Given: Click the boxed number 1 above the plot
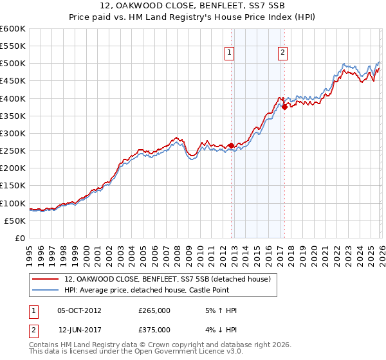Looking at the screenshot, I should (230, 53).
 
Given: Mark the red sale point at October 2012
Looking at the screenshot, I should (231, 146).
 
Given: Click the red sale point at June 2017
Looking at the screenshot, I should (284, 107).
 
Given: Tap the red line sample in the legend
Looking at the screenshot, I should (46, 280).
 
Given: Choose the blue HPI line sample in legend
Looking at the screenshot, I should (46, 290).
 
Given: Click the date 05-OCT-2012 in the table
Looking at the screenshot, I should (80, 310).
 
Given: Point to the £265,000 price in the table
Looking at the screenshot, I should (154, 310).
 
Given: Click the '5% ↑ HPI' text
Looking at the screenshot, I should (220, 310).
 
